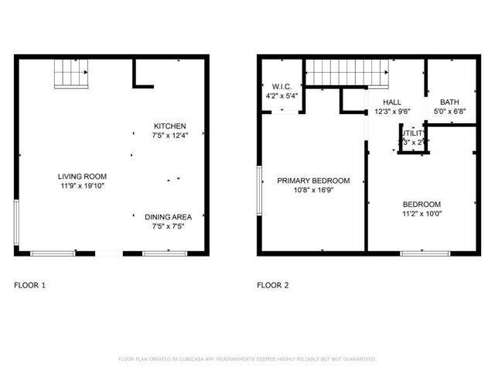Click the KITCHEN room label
169,126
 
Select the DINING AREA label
168,217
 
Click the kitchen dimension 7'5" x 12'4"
169,136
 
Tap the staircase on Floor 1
70,74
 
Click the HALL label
392,102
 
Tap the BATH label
449,102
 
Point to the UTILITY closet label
412,133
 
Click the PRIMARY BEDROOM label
313,181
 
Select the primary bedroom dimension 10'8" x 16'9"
313,191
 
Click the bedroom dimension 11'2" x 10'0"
422,214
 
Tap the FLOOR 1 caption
30,285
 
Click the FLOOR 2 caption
272,285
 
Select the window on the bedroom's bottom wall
424,252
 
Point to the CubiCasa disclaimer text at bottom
247,359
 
